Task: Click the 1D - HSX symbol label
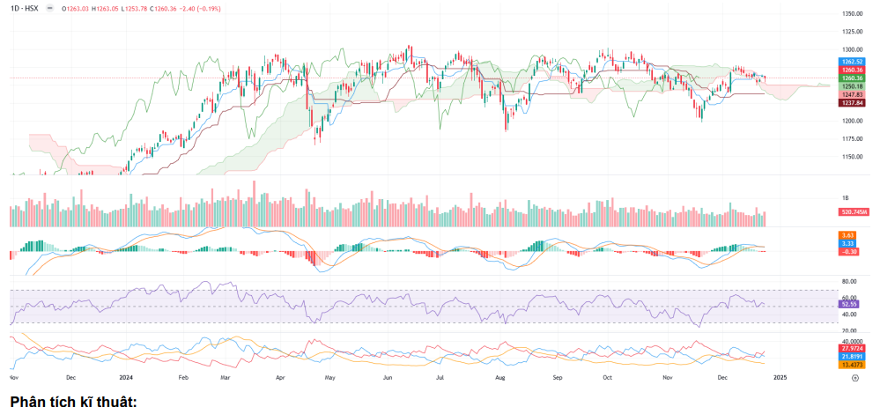coord(26,7)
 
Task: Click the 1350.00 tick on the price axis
coord(851,14)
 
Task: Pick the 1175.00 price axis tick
coord(851,139)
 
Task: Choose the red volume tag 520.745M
coord(853,212)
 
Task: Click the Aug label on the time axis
coord(499,376)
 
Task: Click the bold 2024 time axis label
coord(126,376)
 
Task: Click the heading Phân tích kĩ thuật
coord(74,398)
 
